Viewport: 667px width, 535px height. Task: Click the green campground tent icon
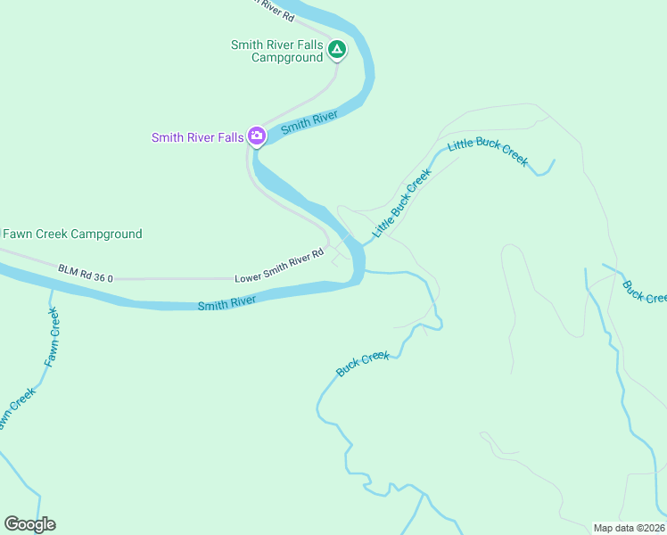(x=337, y=49)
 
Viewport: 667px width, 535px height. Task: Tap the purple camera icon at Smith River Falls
(x=257, y=136)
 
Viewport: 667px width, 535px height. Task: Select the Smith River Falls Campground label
(x=276, y=51)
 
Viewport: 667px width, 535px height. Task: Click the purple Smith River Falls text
(x=197, y=137)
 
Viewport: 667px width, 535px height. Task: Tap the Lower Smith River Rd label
(x=278, y=267)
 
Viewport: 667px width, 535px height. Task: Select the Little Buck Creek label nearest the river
(x=401, y=202)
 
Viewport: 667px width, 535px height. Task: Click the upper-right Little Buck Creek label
(x=489, y=151)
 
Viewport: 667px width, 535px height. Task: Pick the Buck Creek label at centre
(x=363, y=363)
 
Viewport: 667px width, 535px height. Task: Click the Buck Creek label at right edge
(x=644, y=292)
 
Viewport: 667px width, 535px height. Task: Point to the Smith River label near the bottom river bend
(x=226, y=303)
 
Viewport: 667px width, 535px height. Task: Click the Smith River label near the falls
(x=309, y=123)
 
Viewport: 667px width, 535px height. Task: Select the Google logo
(x=29, y=524)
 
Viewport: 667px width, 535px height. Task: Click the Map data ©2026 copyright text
(x=629, y=528)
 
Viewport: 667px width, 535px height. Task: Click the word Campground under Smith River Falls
(x=286, y=58)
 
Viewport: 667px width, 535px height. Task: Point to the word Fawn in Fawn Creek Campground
(x=20, y=235)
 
